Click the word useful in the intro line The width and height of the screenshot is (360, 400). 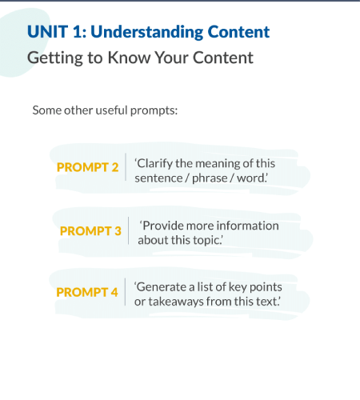point(116,109)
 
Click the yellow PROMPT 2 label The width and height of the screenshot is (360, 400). point(87,168)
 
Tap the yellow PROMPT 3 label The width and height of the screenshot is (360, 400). point(90,230)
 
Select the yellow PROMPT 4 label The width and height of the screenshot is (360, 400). point(87,293)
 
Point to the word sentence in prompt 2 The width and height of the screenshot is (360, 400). point(159,177)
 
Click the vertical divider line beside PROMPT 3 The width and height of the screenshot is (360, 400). point(129,231)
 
